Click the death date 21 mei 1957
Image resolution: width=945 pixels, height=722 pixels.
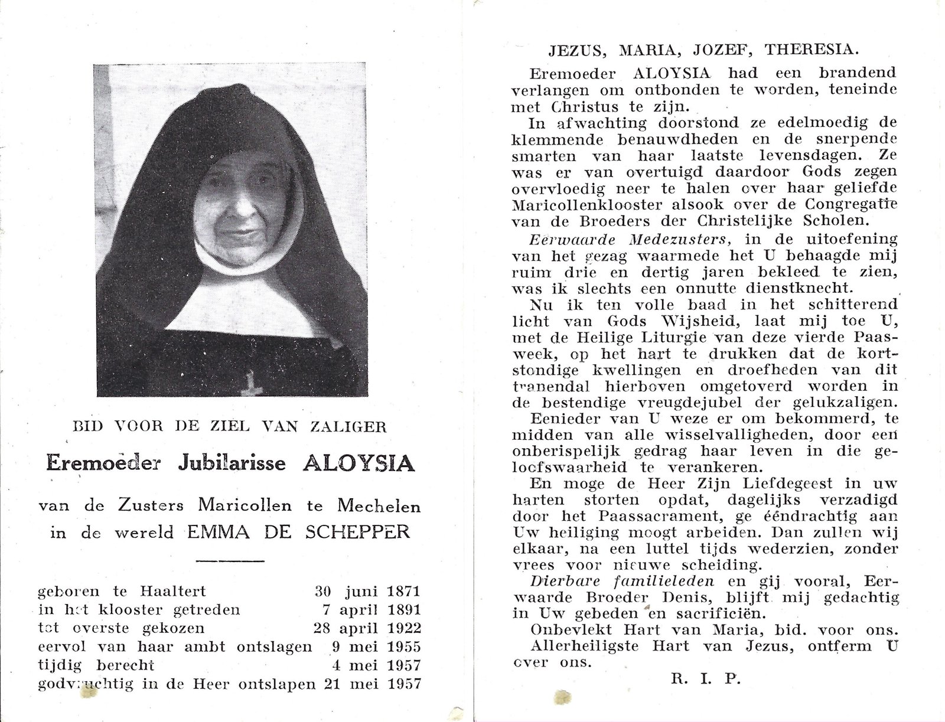click(x=370, y=684)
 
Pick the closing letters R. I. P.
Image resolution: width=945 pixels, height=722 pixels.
click(x=706, y=678)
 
